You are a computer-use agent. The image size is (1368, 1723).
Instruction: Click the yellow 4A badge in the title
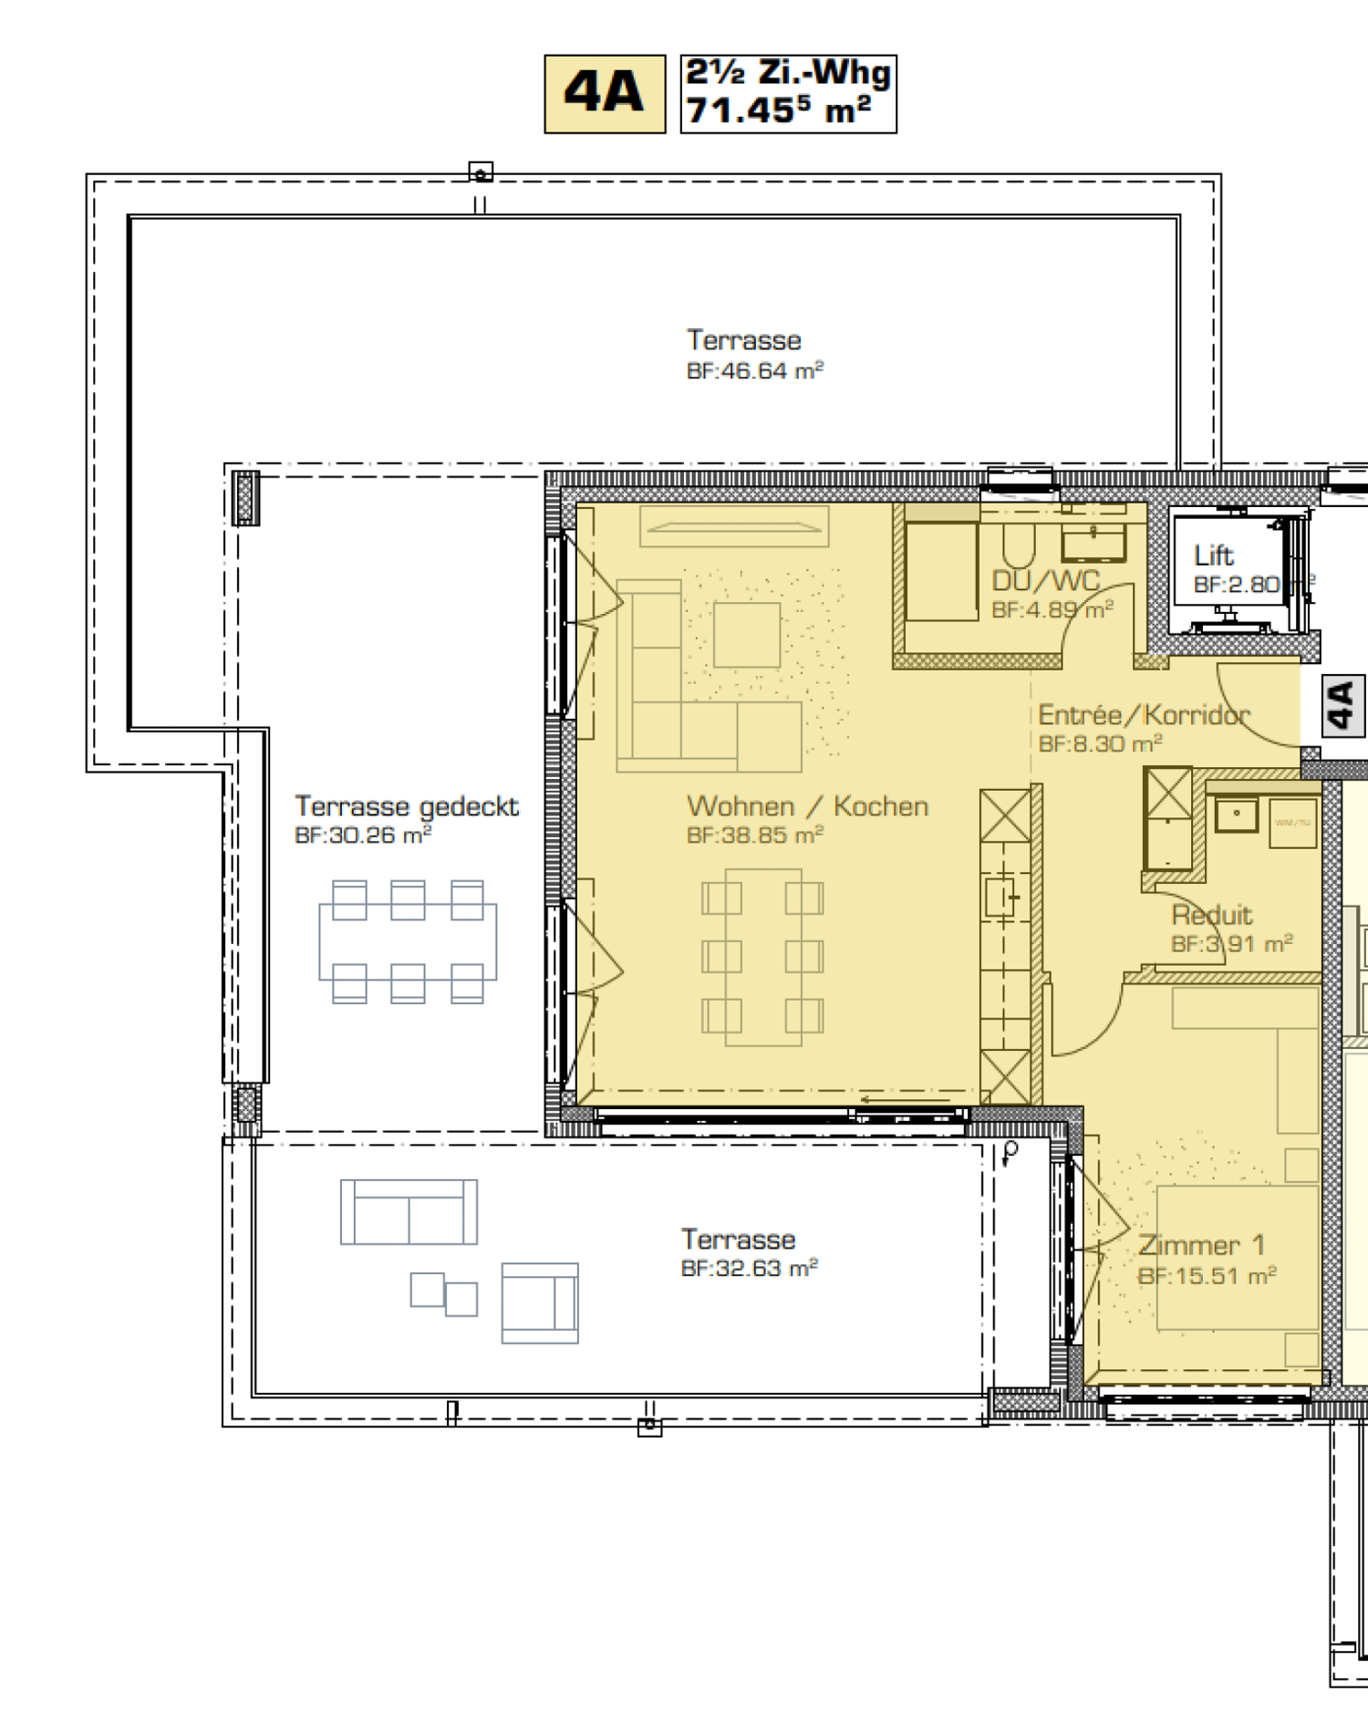tap(605, 94)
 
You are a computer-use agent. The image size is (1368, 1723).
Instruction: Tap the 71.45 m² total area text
tap(778, 111)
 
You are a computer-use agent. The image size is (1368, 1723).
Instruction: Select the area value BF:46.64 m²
tap(754, 371)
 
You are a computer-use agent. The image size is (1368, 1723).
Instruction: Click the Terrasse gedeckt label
tap(406, 806)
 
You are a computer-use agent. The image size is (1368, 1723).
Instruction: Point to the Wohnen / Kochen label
tap(807, 806)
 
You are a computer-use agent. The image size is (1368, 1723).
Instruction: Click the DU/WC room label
tap(1046, 581)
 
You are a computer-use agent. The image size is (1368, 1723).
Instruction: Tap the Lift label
tap(1213, 555)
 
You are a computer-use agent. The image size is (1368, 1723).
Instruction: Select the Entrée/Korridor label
tap(1144, 714)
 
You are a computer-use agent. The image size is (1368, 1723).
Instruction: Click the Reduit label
tap(1211, 915)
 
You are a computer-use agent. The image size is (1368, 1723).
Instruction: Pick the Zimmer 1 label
tap(1201, 1245)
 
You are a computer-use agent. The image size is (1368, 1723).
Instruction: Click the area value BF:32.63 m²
tap(749, 1269)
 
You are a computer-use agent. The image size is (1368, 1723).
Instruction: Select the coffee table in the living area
tap(747, 635)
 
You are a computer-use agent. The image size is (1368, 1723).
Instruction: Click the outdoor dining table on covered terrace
tap(408, 941)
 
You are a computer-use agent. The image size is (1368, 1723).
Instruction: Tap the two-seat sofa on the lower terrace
tap(409, 1212)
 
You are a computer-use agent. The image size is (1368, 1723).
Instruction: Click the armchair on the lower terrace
tap(539, 1303)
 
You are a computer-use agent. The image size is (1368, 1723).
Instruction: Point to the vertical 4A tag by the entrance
tap(1342, 705)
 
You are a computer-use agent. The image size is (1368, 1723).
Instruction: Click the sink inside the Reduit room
tap(1236, 815)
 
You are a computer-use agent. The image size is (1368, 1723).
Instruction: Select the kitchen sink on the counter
tap(1000, 898)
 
